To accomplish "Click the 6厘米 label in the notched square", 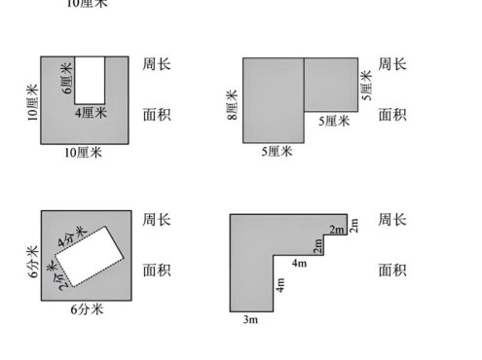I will click(x=67, y=78).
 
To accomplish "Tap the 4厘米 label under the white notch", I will click(x=90, y=111).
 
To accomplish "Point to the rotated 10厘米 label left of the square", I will click(x=31, y=102).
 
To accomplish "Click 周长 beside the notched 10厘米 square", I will click(x=157, y=65).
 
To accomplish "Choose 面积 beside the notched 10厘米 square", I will click(x=157, y=115).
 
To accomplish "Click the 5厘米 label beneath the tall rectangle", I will click(x=276, y=152).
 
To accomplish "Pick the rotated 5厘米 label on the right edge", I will click(x=366, y=84).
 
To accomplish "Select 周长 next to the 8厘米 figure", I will click(x=392, y=65).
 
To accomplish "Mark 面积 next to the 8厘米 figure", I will click(x=392, y=115).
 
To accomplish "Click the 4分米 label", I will click(x=70, y=236).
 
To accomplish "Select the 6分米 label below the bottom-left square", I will click(x=87, y=309).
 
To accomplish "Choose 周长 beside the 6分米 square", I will click(x=157, y=220).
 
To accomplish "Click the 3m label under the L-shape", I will click(x=249, y=318).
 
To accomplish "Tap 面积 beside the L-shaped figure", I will click(x=392, y=270).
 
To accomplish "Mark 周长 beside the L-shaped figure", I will click(x=392, y=220).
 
